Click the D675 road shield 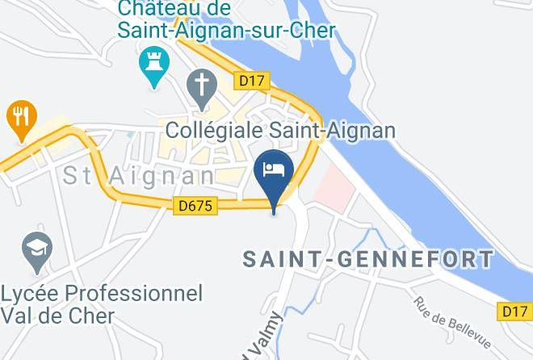point(195,206)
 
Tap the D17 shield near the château point(251,80)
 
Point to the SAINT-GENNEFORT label point(368,259)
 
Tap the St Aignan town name point(138,174)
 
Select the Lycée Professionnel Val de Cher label point(102,303)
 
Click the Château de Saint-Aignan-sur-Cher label point(226,20)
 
